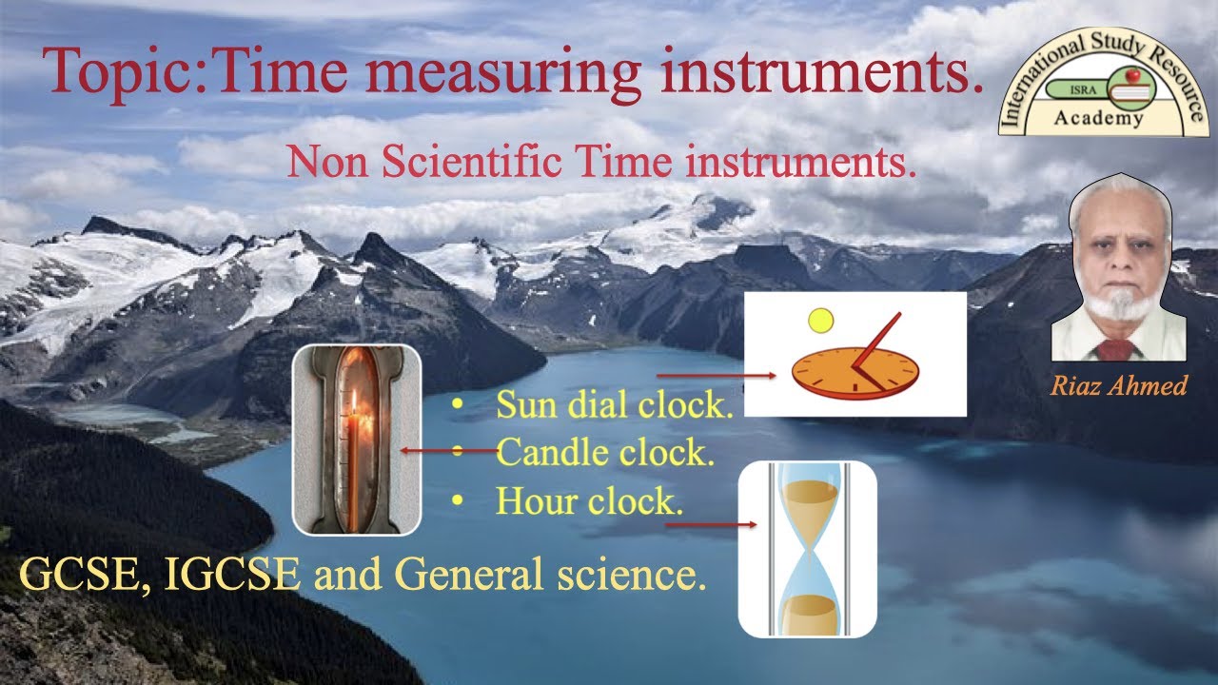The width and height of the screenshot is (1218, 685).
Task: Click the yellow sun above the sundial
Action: point(819,322)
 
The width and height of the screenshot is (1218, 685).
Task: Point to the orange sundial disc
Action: point(851,372)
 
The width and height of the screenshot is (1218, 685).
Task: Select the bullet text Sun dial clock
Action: point(614,406)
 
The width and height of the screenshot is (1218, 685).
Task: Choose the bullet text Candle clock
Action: point(604,453)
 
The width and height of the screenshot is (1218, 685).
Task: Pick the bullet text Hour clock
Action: point(589,500)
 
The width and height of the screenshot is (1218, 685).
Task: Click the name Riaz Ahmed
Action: point(1119,385)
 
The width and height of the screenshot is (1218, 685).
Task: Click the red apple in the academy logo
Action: point(1132,73)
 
